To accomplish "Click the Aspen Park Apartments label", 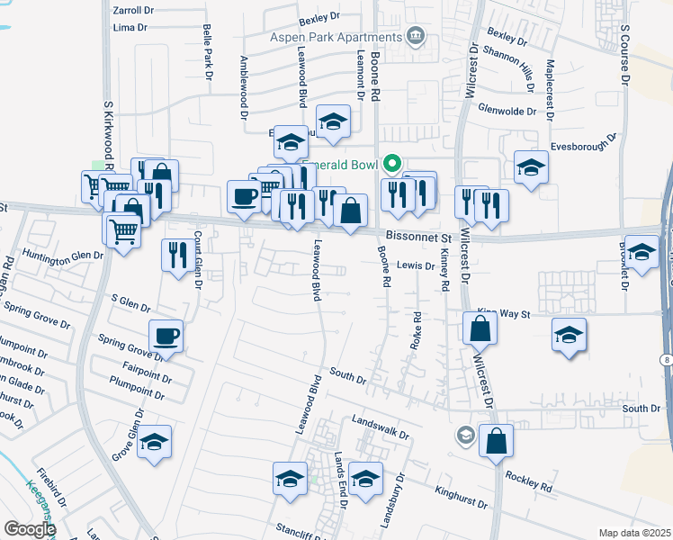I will click(336, 37).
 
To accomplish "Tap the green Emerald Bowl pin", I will click(391, 164).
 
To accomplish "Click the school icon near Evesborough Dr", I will click(531, 166).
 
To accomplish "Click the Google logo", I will click(29, 529).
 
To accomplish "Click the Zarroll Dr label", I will click(134, 11).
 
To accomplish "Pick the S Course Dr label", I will click(624, 50).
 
